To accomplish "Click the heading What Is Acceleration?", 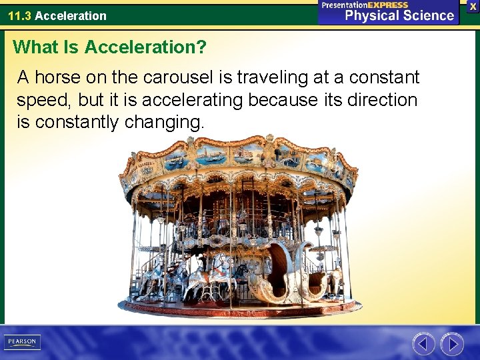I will [x=109, y=47].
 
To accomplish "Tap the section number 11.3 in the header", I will [x=19, y=15].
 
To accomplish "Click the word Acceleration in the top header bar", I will [x=71, y=15].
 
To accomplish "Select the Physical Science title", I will [x=399, y=16].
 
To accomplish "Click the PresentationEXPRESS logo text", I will [x=365, y=5].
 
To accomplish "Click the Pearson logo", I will [x=22, y=342].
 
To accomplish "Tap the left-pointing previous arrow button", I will [x=423, y=344].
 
